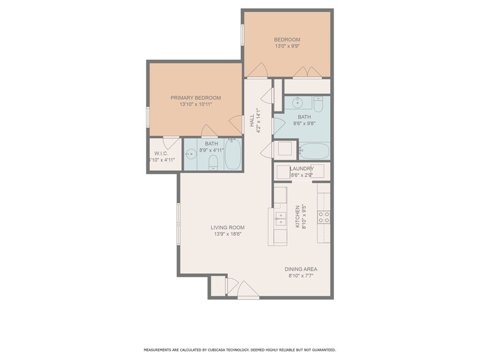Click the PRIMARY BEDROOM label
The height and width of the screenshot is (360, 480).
195,97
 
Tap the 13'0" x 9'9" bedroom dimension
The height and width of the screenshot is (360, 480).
287,48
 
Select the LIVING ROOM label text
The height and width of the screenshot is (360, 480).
228,227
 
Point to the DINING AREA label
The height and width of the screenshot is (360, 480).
301,269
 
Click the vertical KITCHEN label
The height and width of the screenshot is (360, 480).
298,216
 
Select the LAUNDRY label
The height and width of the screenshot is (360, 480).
302,168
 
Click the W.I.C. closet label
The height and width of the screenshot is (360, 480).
161,153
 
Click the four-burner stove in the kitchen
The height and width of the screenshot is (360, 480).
324,216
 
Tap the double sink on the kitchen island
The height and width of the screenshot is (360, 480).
280,216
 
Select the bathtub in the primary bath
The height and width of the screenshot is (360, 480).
233,154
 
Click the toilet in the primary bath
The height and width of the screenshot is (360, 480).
212,162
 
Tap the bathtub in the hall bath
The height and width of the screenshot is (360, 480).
315,150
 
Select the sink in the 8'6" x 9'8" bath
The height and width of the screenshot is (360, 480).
297,102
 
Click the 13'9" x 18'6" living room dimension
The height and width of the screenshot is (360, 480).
228,234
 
